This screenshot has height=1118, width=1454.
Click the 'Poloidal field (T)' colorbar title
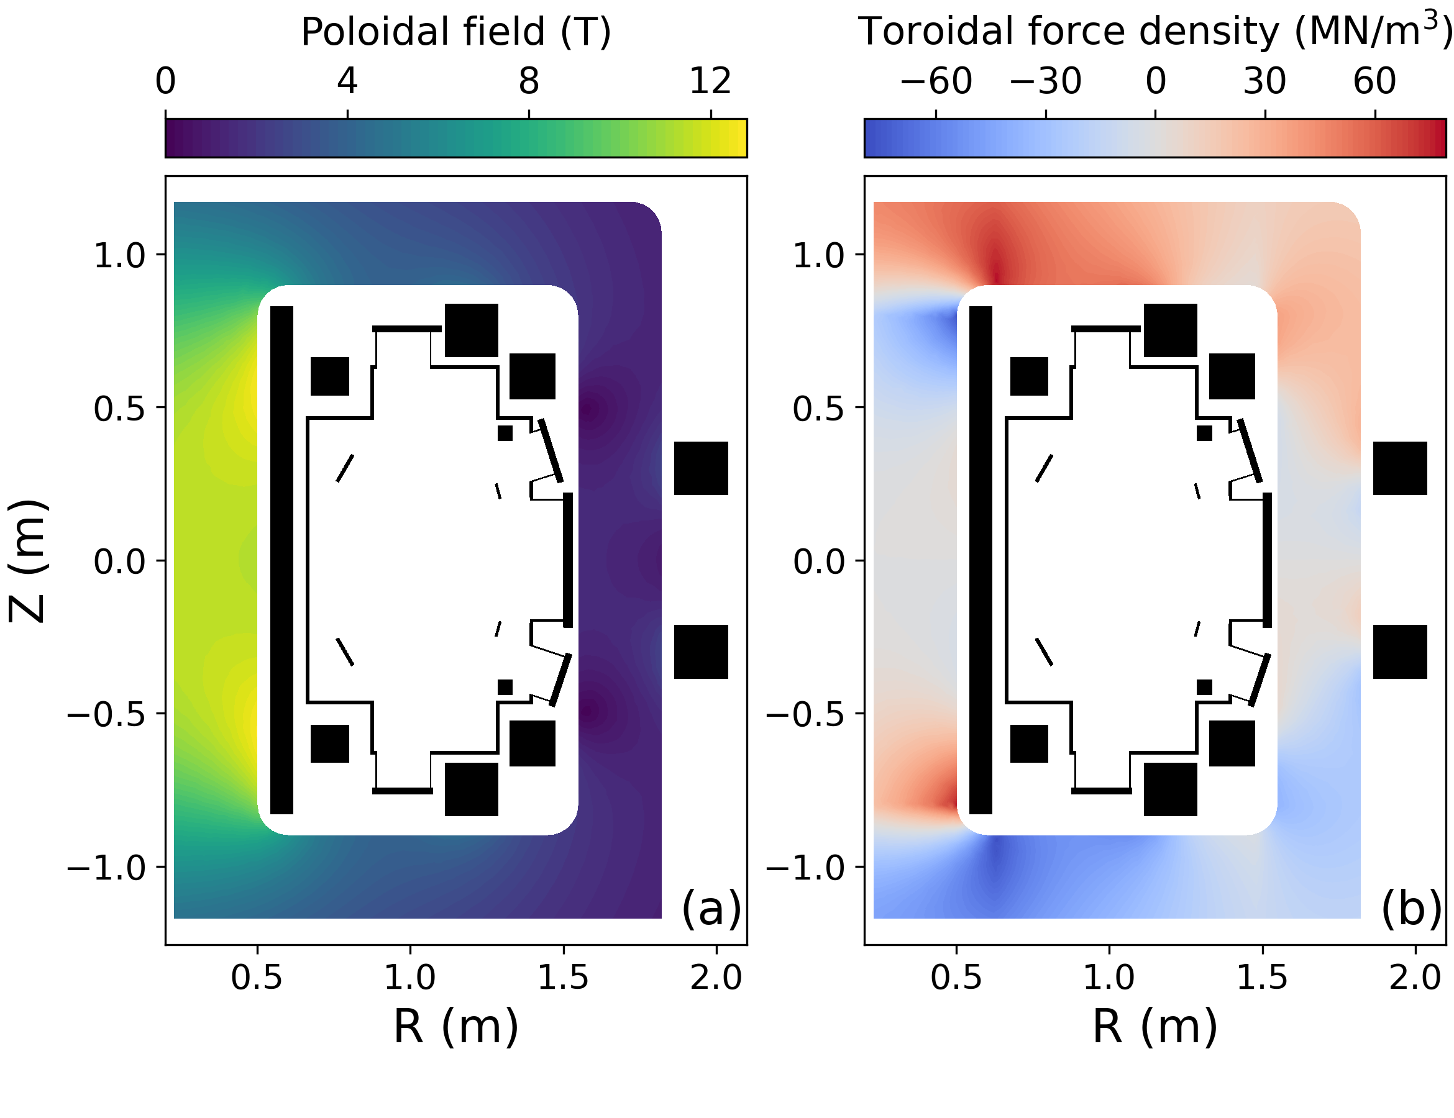pos(456,31)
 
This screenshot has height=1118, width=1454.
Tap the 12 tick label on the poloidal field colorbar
pos(710,81)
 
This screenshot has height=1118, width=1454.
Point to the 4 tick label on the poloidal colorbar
pos(347,81)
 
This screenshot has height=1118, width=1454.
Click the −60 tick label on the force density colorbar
pos(935,81)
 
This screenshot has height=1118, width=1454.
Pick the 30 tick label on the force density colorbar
pos(1264,81)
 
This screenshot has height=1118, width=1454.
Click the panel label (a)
pos(711,907)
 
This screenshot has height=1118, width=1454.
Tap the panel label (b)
pos(1411,907)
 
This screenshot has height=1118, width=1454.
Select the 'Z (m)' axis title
pos(28,560)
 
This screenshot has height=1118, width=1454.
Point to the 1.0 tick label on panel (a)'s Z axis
pos(119,255)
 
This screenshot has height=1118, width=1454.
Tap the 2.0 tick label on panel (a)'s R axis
pos(716,978)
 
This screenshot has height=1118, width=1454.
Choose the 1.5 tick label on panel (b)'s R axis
pos(1261,978)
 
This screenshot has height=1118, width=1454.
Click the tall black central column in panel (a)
pos(281,560)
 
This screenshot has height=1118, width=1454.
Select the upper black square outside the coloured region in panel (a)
pos(700,468)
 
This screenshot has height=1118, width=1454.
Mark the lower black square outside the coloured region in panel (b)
pos(1399,652)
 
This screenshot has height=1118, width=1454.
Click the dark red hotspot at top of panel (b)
pos(996,270)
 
